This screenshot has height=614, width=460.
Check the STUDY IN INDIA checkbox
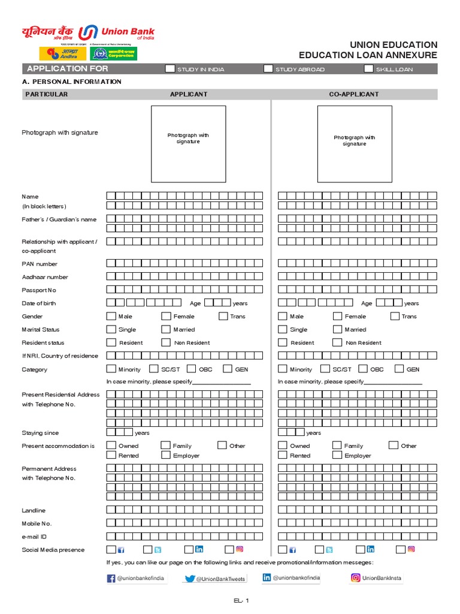pos(171,69)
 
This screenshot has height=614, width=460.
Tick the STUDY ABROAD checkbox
pos(268,69)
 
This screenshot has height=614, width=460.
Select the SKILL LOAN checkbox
pos(369,69)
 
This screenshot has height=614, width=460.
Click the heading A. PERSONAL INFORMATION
pos(71,82)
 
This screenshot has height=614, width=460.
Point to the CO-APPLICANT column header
pos(354,94)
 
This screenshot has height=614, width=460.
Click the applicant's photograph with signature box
pos(188,144)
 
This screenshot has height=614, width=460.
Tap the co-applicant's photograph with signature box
pos(355,144)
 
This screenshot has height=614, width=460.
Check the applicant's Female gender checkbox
pos(166,316)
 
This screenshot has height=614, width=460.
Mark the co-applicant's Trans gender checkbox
pos(395,316)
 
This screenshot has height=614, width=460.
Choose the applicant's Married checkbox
pos(166,329)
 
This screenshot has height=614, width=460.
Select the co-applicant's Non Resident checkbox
pos(337,342)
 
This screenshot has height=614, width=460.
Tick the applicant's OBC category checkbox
pos(192,369)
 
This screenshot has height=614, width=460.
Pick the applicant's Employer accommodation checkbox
pos(166,455)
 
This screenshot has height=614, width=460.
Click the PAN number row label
pos(40,264)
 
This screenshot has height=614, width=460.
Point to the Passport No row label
pos(39,290)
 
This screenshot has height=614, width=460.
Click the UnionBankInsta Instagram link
pos(376,578)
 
